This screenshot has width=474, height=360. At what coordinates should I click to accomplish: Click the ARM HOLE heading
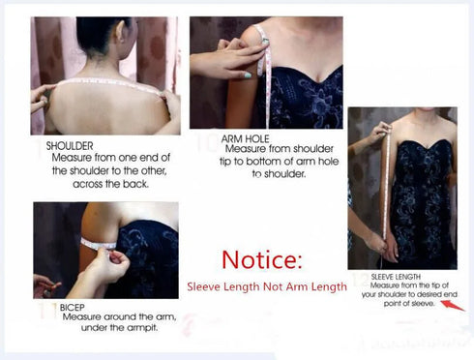(x=246, y=138)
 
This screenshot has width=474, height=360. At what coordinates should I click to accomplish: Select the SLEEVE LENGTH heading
(x=397, y=275)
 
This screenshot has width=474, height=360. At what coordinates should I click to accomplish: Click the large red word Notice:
(x=261, y=259)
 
